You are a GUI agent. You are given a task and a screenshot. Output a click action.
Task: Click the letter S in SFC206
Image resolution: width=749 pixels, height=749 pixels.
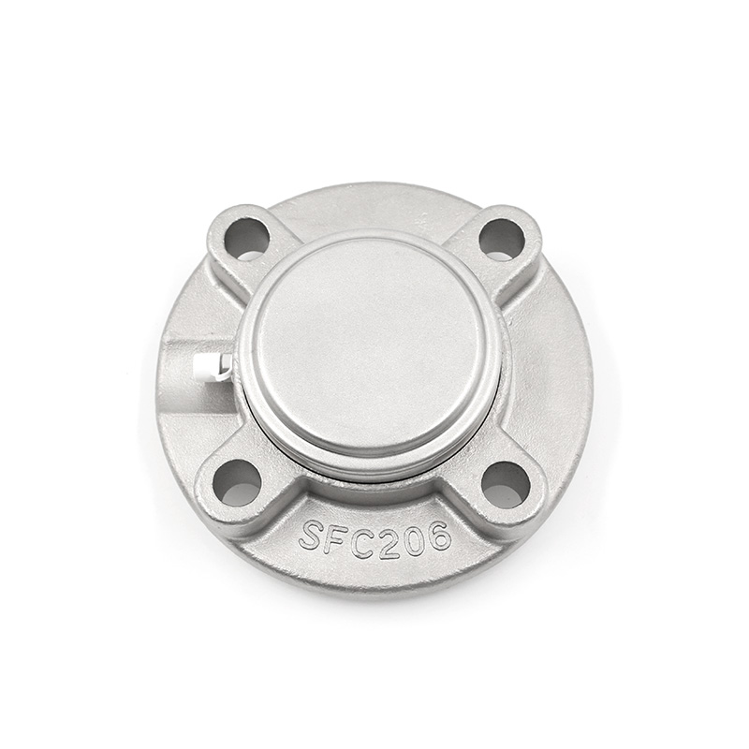(312, 535)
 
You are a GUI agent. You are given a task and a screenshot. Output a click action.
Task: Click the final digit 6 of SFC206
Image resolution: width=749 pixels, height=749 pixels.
(436, 534)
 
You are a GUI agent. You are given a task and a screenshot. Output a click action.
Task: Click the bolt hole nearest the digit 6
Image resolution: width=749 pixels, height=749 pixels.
(506, 484)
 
